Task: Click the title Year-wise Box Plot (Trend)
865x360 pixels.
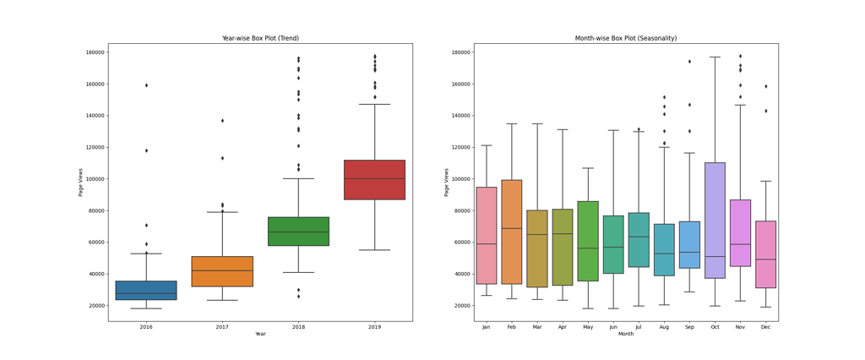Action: tap(260, 38)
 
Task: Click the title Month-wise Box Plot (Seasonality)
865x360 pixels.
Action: tap(626, 38)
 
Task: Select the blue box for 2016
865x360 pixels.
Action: tap(146, 291)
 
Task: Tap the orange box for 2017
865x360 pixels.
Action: tap(222, 271)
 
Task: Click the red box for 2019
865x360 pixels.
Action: tap(374, 180)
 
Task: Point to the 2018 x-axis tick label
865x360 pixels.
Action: tap(298, 327)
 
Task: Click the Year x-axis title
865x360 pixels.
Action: tap(260, 334)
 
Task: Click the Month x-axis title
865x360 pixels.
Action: tap(626, 334)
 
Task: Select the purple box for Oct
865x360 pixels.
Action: tap(715, 220)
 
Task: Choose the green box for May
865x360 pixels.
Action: tap(588, 241)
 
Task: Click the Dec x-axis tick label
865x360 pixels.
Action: tap(765, 327)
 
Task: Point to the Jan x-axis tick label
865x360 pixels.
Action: tap(487, 327)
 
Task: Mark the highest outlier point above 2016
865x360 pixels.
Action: tap(146, 85)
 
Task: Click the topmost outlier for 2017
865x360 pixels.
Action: tap(222, 121)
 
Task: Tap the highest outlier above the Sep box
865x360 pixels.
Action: tap(689, 62)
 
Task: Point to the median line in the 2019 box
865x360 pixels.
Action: tap(374, 178)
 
